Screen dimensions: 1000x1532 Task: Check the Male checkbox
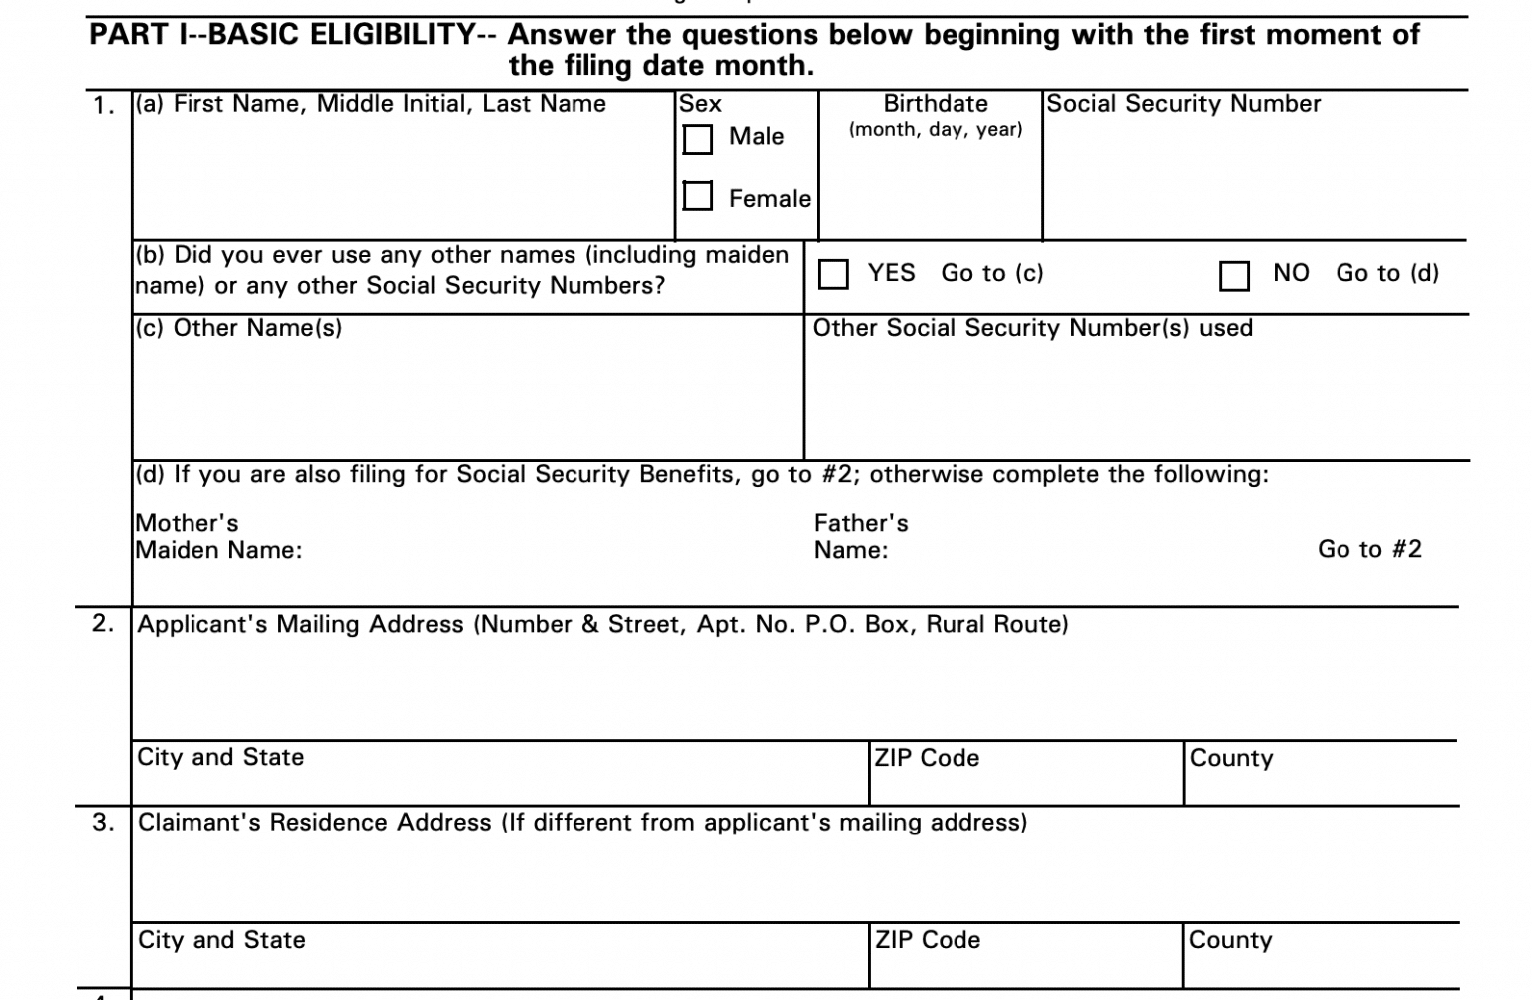point(698,139)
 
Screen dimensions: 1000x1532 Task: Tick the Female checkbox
point(698,196)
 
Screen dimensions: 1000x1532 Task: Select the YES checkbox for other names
point(833,274)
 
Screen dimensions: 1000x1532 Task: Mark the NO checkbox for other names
point(1234,276)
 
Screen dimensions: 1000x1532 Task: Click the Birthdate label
point(936,104)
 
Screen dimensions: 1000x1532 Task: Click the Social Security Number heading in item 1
point(1183,104)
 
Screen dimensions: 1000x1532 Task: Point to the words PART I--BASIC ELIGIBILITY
point(282,35)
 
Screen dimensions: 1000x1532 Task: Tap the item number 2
point(103,624)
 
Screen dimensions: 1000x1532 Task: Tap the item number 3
point(103,823)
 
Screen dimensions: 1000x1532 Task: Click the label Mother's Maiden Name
point(218,537)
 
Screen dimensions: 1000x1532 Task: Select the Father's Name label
point(860,537)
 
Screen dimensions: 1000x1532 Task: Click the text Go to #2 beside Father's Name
point(1369,550)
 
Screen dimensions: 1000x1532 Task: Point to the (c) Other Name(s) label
point(238,328)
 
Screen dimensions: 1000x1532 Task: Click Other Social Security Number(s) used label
point(1032,328)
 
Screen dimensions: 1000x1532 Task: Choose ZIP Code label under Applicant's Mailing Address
point(927,758)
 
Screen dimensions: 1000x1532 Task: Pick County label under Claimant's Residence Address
point(1230,940)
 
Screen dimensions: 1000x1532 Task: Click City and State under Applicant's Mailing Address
point(220,757)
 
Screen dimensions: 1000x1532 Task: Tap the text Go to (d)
point(1387,273)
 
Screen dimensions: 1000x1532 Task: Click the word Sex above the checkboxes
point(700,104)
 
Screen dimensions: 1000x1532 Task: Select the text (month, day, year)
point(936,130)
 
